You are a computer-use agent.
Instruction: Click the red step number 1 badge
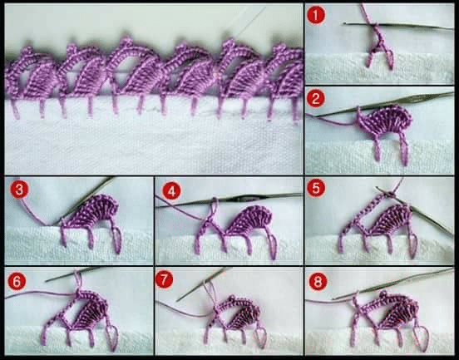[316, 16]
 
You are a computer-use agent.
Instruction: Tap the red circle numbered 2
[316, 99]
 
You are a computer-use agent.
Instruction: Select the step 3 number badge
[19, 190]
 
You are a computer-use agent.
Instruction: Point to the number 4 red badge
[171, 191]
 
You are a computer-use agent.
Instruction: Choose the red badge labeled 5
[316, 189]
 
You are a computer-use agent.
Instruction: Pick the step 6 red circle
[17, 282]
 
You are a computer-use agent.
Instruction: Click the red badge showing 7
[164, 279]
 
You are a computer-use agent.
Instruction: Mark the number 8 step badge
[318, 282]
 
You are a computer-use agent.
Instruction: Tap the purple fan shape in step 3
[94, 212]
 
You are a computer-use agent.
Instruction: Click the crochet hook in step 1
[398, 26]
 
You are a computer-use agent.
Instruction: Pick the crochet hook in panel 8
[392, 284]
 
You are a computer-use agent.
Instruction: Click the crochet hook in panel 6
[73, 274]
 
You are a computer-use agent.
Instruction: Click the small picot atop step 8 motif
[384, 294]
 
